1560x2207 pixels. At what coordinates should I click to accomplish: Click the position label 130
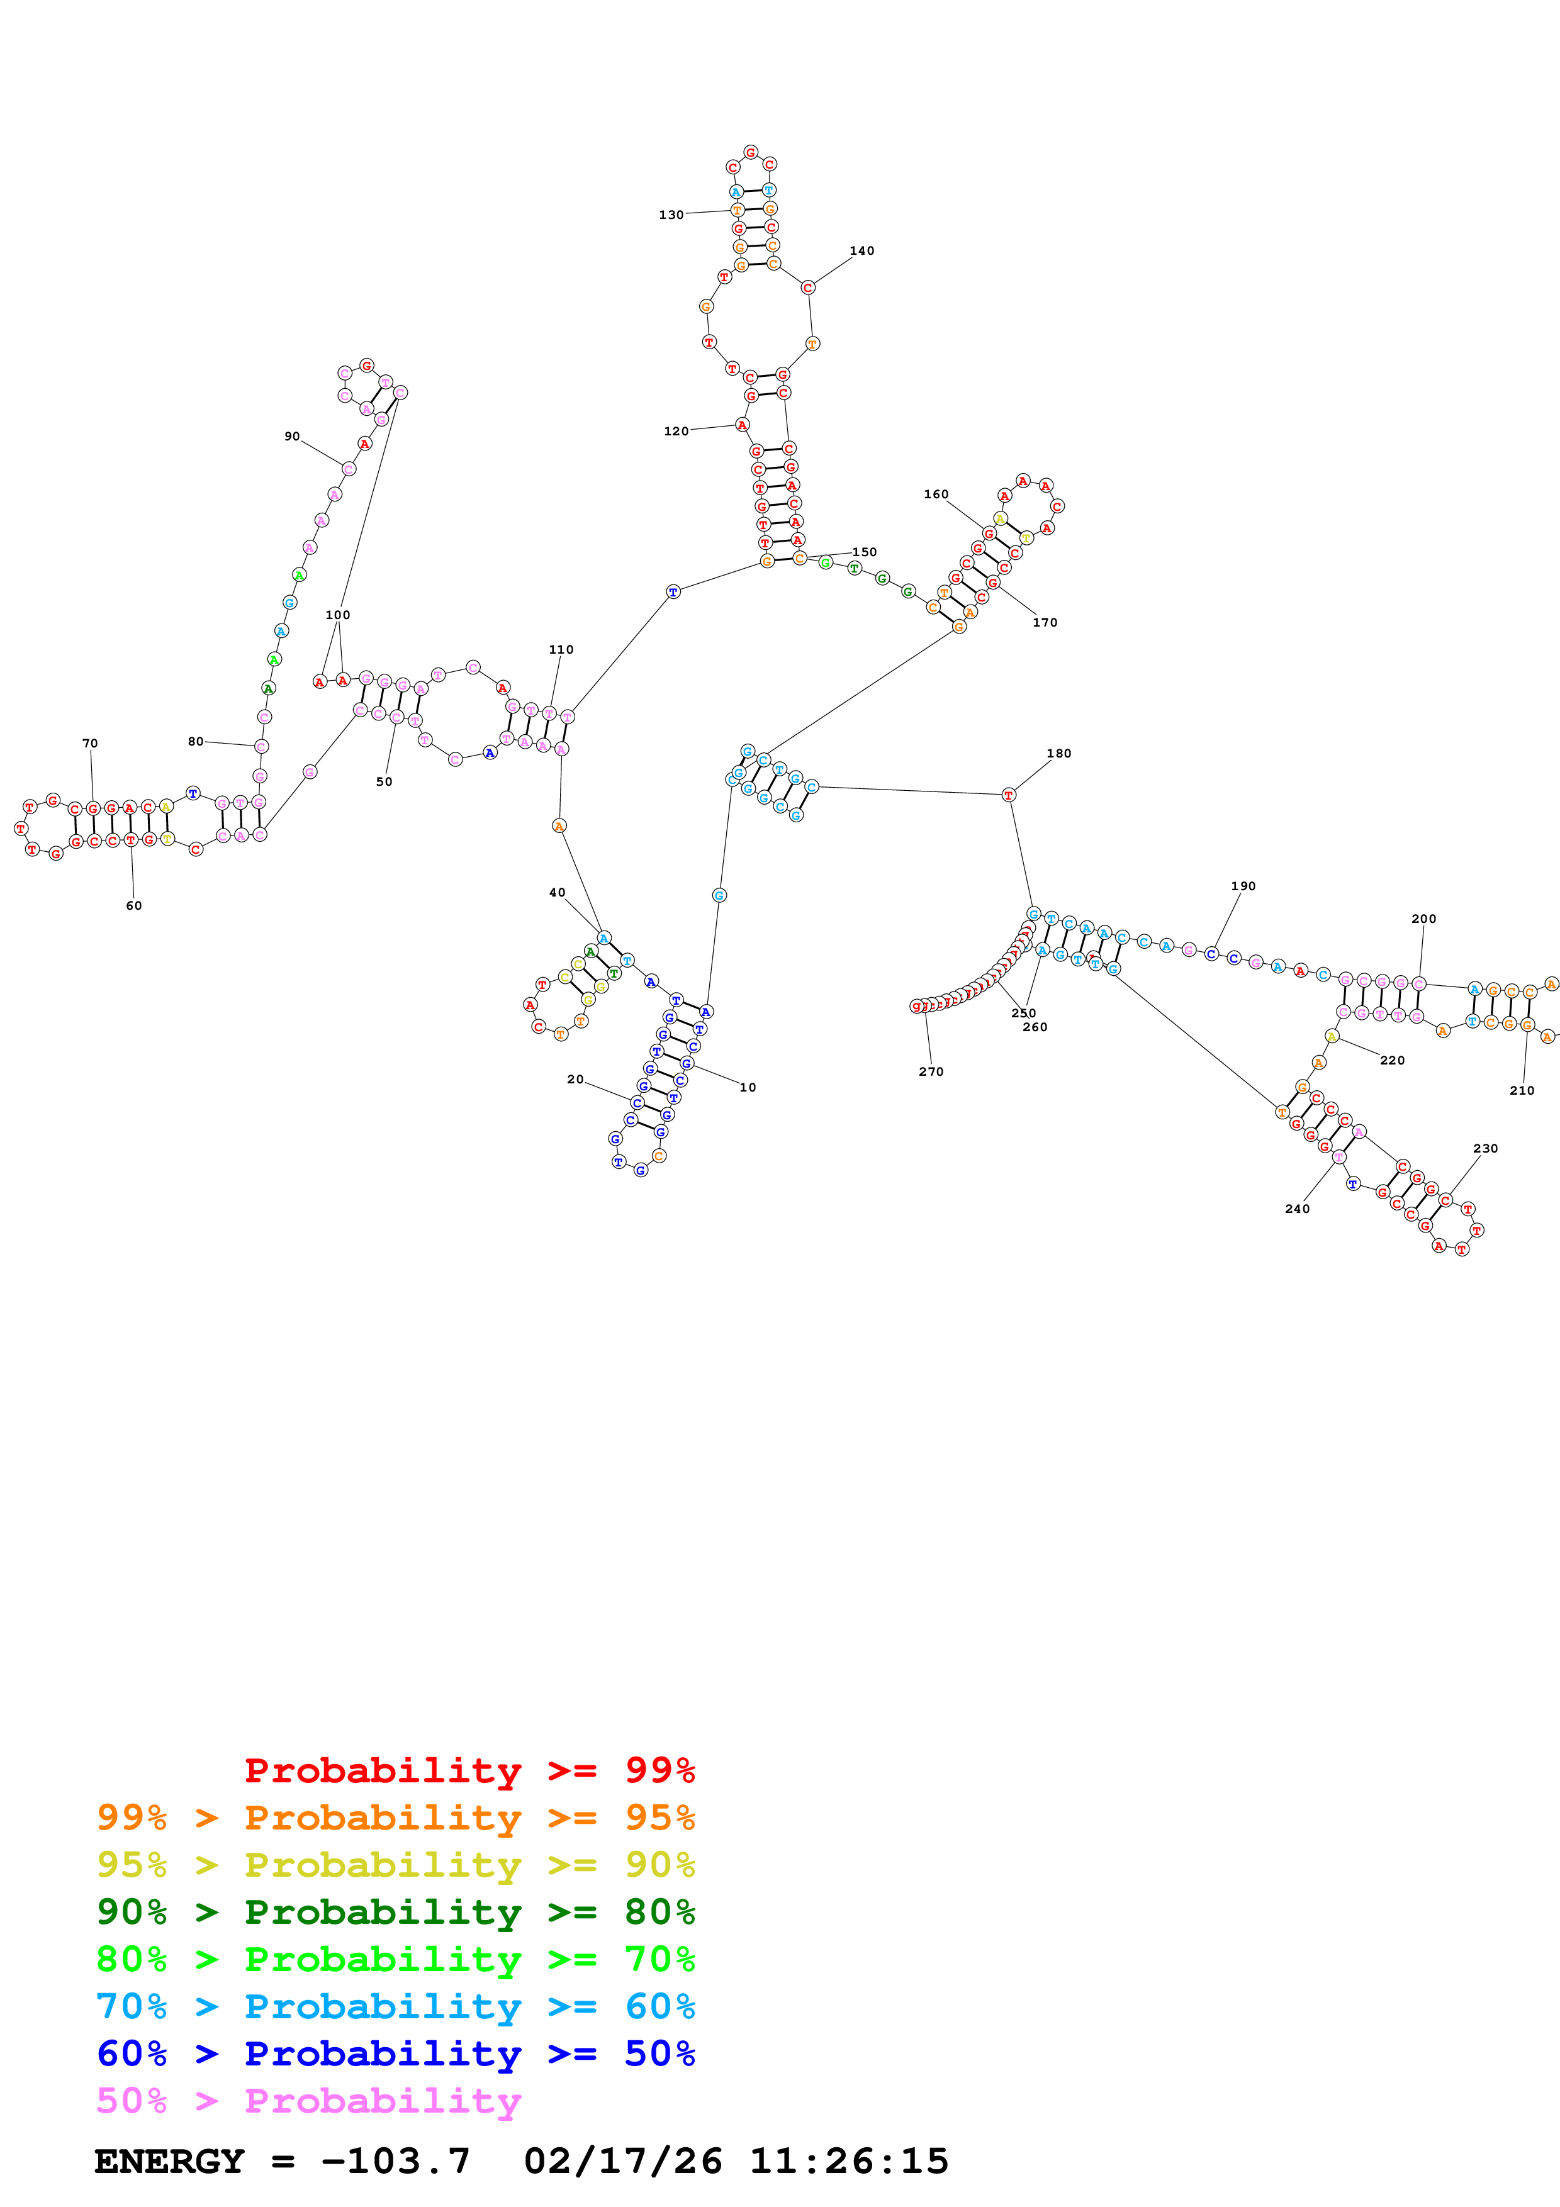pos(671,215)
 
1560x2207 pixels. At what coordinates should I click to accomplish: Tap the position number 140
pos(861,251)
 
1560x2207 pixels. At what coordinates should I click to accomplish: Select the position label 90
pos(292,437)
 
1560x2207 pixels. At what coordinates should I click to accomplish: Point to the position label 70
pos(89,743)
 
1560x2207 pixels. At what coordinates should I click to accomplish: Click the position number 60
pos(133,905)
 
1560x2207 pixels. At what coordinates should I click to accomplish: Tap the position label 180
pos(1058,754)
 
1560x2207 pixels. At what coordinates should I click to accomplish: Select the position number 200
pos(1423,919)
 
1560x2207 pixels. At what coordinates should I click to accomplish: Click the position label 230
pos(1485,1149)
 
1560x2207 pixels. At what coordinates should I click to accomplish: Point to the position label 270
pos(931,1072)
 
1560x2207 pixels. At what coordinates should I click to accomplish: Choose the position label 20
pos(575,1080)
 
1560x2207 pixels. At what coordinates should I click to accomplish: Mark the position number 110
pos(561,650)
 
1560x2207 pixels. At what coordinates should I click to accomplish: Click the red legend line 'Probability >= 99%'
pos(469,1770)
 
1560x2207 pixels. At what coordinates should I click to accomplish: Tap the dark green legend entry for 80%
pos(395,1912)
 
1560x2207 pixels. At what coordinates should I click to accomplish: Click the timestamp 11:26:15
pos(849,2161)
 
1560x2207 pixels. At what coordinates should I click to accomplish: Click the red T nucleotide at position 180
pos(1008,795)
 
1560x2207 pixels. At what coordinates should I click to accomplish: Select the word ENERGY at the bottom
pos(169,2161)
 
